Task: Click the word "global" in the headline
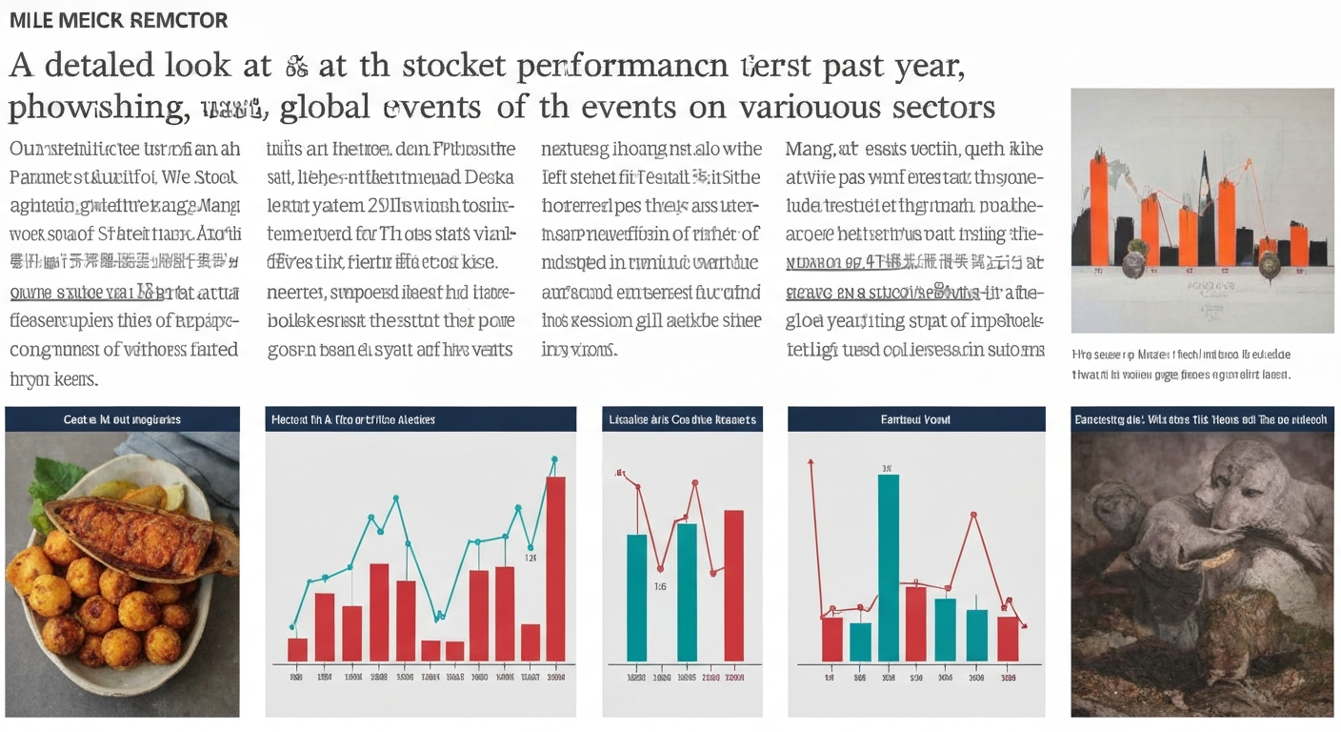click(327, 107)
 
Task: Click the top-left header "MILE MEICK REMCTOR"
click(118, 20)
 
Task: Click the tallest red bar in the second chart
click(555, 568)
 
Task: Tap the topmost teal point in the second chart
click(553, 459)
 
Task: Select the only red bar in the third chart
click(733, 585)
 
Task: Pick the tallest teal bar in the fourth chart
click(888, 567)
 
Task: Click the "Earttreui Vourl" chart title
click(915, 419)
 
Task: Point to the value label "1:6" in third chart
click(660, 587)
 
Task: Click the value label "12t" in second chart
click(530, 559)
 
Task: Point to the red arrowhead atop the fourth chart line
click(811, 463)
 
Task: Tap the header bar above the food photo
click(122, 419)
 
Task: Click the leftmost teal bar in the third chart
click(636, 597)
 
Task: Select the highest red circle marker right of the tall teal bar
click(973, 516)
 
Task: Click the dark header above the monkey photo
click(1201, 419)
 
